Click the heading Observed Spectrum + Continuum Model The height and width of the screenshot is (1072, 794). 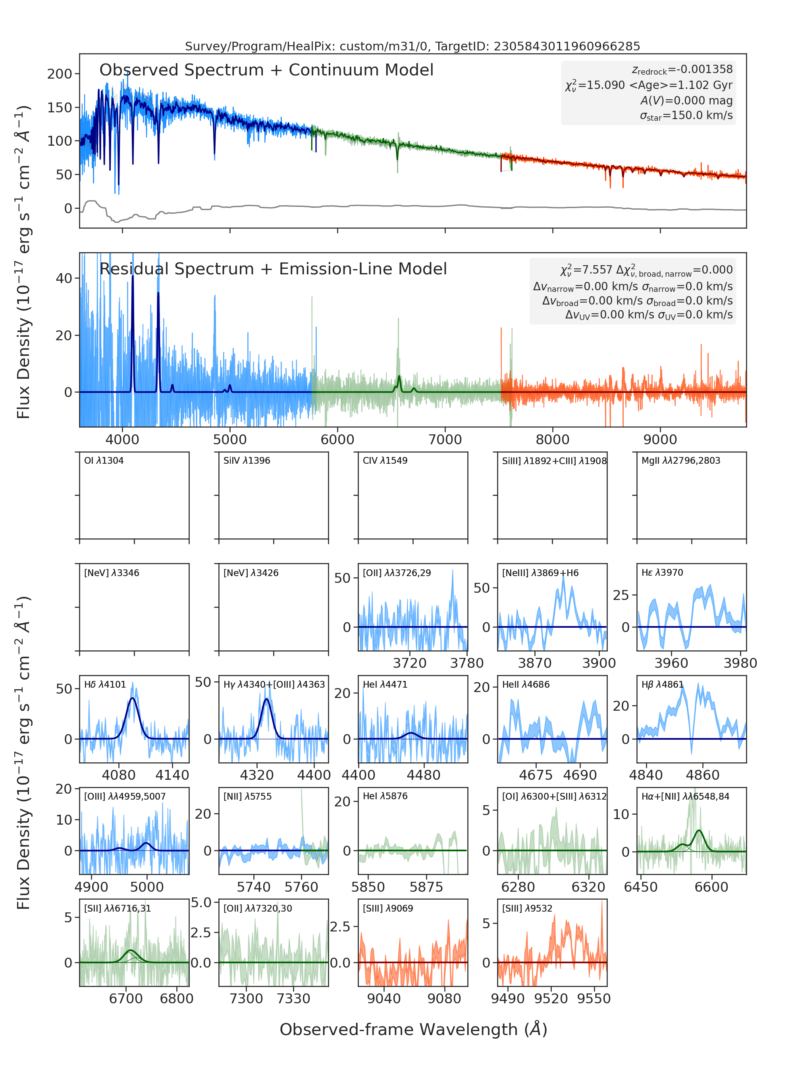(x=266, y=70)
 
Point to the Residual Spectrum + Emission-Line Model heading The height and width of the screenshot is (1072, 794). (x=273, y=269)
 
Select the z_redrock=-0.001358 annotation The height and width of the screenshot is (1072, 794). (x=682, y=70)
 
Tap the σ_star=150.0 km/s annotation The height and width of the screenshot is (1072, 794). (x=686, y=116)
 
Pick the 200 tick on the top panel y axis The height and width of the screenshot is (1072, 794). (x=60, y=74)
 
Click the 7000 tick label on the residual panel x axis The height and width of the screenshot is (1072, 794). (x=445, y=440)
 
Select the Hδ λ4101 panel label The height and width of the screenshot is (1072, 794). (x=105, y=684)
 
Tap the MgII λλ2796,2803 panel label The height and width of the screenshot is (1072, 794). (x=680, y=461)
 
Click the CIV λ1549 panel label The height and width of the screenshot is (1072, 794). (x=385, y=461)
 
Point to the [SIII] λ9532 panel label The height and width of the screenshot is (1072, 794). (x=527, y=908)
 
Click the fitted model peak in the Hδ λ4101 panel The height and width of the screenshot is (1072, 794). (x=133, y=698)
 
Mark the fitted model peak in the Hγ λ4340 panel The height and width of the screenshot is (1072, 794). (x=267, y=698)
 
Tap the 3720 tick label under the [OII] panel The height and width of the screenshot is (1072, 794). (x=409, y=663)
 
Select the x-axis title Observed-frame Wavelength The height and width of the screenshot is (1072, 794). (x=414, y=1030)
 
